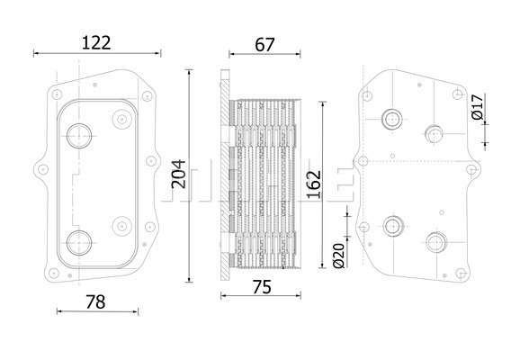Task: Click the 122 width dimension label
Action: point(96,43)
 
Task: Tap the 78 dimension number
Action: point(95,302)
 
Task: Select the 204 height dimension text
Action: point(179,174)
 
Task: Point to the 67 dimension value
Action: point(264,45)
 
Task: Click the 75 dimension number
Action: point(262,287)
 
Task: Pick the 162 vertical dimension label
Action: point(314,184)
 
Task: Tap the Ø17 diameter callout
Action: point(477,107)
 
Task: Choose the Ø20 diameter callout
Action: point(339,256)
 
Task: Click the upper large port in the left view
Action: point(79,136)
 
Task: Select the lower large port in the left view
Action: point(79,243)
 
